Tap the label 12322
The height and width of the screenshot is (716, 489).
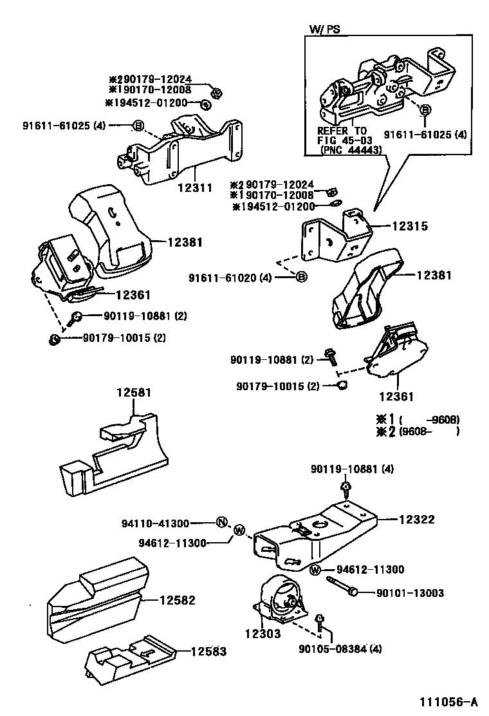click(x=417, y=519)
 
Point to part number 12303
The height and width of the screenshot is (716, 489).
click(x=263, y=634)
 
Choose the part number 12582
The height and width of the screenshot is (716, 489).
click(x=177, y=600)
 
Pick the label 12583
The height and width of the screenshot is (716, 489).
click(x=208, y=651)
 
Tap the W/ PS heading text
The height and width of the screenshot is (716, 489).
click(x=325, y=29)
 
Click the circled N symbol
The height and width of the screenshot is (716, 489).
click(x=221, y=522)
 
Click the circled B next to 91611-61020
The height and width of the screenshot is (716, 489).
click(x=301, y=278)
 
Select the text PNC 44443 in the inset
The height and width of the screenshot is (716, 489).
click(x=350, y=149)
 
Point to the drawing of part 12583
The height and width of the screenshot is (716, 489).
click(x=129, y=660)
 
